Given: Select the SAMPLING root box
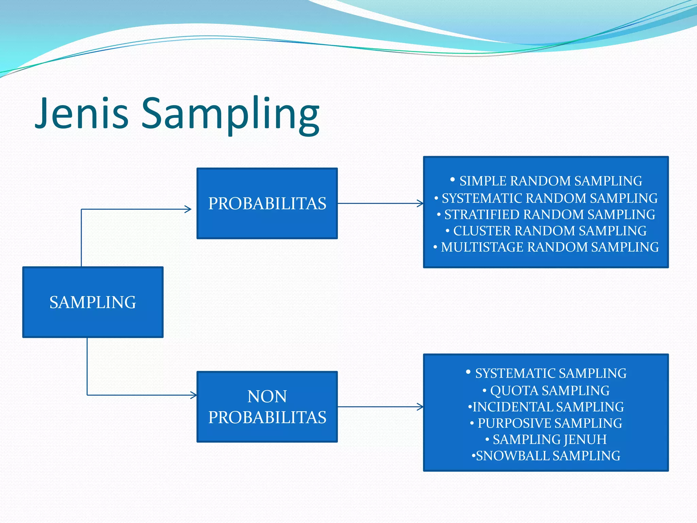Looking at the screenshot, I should click(93, 302).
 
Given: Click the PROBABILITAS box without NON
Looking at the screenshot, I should click(267, 204).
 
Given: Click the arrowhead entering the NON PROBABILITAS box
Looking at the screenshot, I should click(194, 395).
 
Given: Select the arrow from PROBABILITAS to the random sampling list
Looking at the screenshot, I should click(380, 204).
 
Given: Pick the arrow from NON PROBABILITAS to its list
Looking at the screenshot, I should click(380, 407).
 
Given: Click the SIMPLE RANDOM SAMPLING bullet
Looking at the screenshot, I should click(550, 181).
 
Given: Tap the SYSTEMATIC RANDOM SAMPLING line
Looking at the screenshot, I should click(549, 198).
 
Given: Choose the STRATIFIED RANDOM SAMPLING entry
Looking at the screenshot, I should click(549, 215).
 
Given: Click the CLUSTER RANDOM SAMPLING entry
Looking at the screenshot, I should click(549, 231).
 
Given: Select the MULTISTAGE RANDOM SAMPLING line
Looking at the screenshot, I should click(549, 247).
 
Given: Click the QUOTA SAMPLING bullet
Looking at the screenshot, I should click(549, 390).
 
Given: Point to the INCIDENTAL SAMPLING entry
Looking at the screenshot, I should click(548, 407).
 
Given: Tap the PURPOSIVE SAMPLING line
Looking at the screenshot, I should click(549, 423).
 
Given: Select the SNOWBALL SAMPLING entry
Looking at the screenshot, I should click(548, 456).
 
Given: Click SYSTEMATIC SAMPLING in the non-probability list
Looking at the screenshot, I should click(550, 373).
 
